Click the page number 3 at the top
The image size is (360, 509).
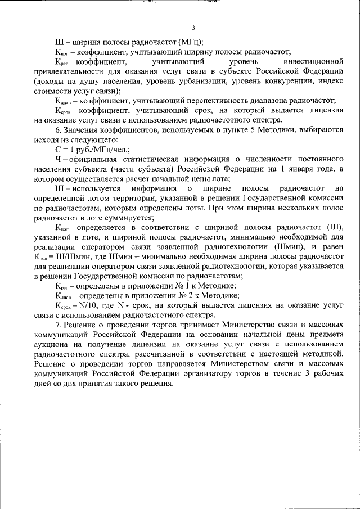[193, 28]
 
